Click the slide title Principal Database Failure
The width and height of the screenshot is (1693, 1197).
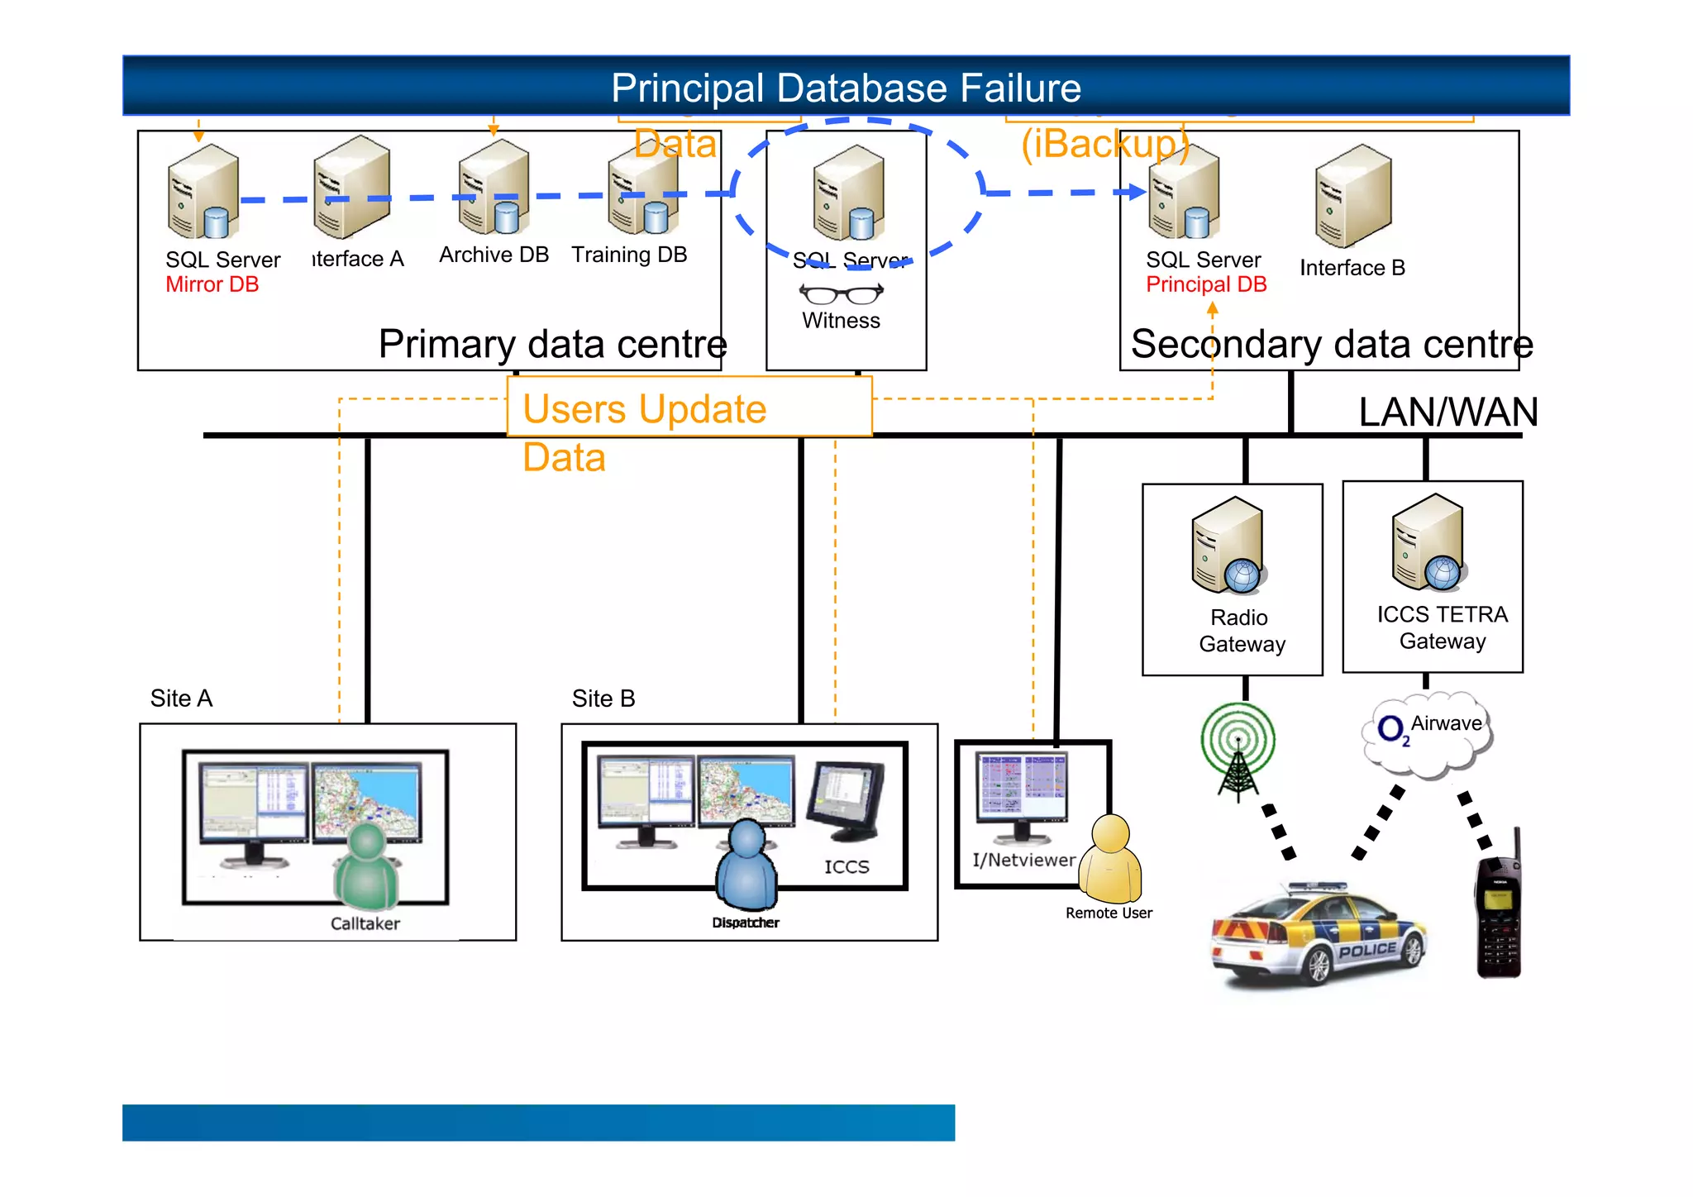pyautogui.click(x=846, y=88)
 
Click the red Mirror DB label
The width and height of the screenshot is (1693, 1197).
pyautogui.click(x=212, y=284)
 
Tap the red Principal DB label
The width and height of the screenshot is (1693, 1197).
pyautogui.click(x=1205, y=284)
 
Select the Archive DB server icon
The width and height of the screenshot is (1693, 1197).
pyautogui.click(x=494, y=188)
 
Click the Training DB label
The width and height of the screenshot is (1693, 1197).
pyautogui.click(x=629, y=255)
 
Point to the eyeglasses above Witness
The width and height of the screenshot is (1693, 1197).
pyautogui.click(x=841, y=293)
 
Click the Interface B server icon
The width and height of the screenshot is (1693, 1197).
pyautogui.click(x=1352, y=196)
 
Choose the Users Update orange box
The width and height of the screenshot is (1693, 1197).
pyautogui.click(x=689, y=407)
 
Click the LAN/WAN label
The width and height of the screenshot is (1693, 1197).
pyautogui.click(x=1447, y=412)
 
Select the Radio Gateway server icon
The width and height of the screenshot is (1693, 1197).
pyautogui.click(x=1228, y=546)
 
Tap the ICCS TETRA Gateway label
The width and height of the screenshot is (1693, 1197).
pyautogui.click(x=1442, y=627)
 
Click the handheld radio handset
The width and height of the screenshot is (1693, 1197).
pyautogui.click(x=1498, y=909)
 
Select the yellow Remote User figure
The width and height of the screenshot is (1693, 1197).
pyautogui.click(x=1111, y=860)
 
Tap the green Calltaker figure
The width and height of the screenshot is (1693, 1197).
pyautogui.click(x=367, y=867)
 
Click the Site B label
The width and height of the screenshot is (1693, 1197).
pyautogui.click(x=603, y=699)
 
